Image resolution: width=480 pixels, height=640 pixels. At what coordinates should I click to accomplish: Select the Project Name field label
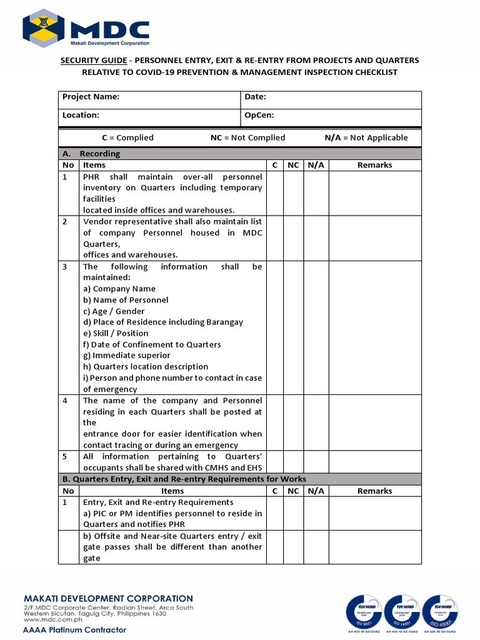(x=91, y=97)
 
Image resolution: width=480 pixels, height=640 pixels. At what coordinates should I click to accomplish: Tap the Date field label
(x=256, y=97)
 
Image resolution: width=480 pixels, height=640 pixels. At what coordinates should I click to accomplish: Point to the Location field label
(x=81, y=115)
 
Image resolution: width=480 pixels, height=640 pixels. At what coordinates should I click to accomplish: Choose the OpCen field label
(x=259, y=115)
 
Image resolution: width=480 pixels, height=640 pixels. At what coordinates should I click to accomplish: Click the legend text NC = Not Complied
(x=247, y=137)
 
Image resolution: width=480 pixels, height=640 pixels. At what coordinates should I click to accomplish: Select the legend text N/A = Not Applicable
(x=366, y=137)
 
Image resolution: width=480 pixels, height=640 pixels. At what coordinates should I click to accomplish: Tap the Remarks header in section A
(x=375, y=165)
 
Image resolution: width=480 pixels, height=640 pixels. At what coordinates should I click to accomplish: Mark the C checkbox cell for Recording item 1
(x=275, y=193)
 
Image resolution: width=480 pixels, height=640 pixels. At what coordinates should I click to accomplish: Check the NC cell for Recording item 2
(x=292, y=238)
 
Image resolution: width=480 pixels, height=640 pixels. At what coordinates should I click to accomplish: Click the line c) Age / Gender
(x=114, y=311)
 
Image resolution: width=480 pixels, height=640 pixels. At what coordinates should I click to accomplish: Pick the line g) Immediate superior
(x=127, y=356)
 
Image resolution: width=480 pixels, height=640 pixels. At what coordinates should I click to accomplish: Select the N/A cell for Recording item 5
(x=316, y=462)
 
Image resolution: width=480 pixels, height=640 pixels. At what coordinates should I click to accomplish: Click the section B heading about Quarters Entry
(x=184, y=479)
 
